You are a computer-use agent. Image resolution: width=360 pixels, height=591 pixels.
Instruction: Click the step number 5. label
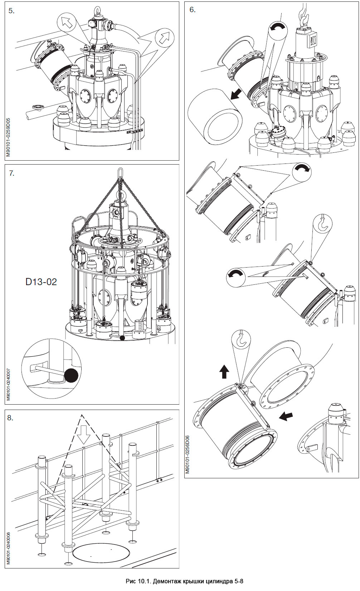click(x=11, y=11)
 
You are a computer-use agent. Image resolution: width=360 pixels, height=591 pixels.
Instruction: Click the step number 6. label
click(x=192, y=10)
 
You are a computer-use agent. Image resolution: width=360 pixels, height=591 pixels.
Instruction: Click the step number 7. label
click(x=11, y=173)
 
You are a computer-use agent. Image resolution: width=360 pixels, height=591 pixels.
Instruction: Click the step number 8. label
click(x=10, y=417)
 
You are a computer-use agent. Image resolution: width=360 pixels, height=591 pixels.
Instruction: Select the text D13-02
click(x=41, y=282)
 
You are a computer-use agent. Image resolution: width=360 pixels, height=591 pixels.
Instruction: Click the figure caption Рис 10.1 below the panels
click(x=184, y=581)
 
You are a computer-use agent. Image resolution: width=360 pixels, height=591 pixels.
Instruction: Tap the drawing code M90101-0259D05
click(x=8, y=138)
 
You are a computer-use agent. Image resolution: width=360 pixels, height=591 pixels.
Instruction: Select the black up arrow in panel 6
click(x=224, y=372)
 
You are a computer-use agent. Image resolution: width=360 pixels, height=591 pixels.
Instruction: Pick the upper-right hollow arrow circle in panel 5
click(x=164, y=38)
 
